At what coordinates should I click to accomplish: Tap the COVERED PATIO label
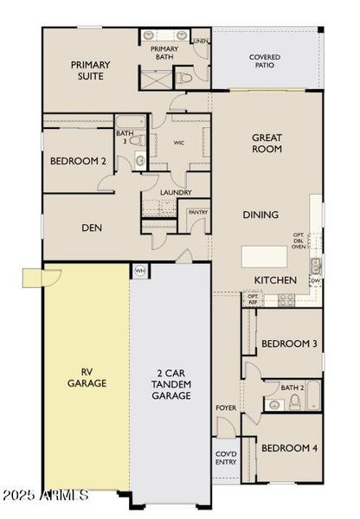click(x=265, y=62)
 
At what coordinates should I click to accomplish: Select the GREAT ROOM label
click(x=268, y=143)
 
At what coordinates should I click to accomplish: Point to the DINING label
click(x=260, y=215)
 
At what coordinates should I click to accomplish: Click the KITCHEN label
click(x=275, y=280)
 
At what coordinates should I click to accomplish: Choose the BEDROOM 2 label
click(x=78, y=161)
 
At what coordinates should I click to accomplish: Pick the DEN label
click(x=93, y=228)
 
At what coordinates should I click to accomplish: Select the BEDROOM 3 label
click(x=289, y=343)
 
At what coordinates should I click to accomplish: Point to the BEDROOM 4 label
click(x=288, y=447)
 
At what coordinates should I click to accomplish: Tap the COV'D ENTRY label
click(x=226, y=458)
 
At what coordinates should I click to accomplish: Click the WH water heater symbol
click(x=139, y=271)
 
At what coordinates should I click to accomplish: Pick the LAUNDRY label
click(x=176, y=192)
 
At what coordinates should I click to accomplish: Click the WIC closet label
click(x=179, y=143)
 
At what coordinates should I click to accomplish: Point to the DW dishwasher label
click(x=316, y=281)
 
